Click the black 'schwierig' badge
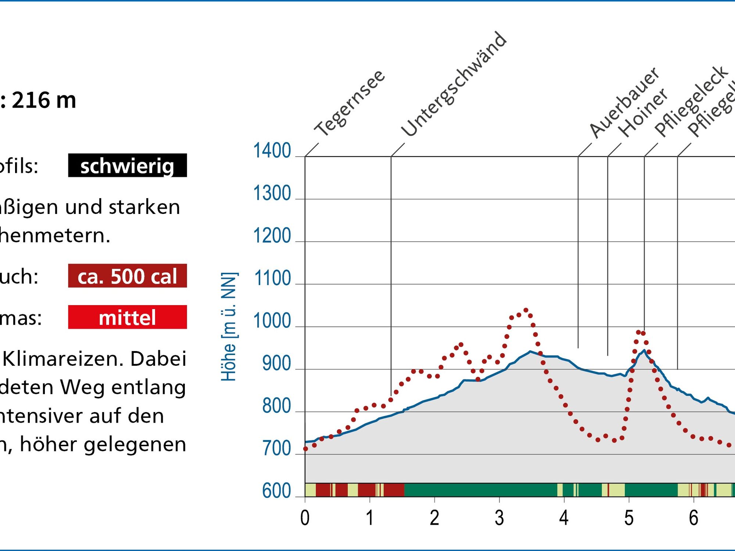click(127, 166)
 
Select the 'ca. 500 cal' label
click(127, 276)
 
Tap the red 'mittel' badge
click(127, 317)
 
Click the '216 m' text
click(44, 100)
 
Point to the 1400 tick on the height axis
click(272, 151)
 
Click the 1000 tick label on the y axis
click(272, 321)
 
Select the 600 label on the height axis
click(276, 491)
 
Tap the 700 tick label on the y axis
click(276, 448)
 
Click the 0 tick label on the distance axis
click(305, 518)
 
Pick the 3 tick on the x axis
click(499, 518)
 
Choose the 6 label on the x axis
click(693, 518)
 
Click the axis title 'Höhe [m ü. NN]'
click(229, 327)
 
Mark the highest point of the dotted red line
click(526, 310)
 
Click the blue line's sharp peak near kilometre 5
click(644, 350)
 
